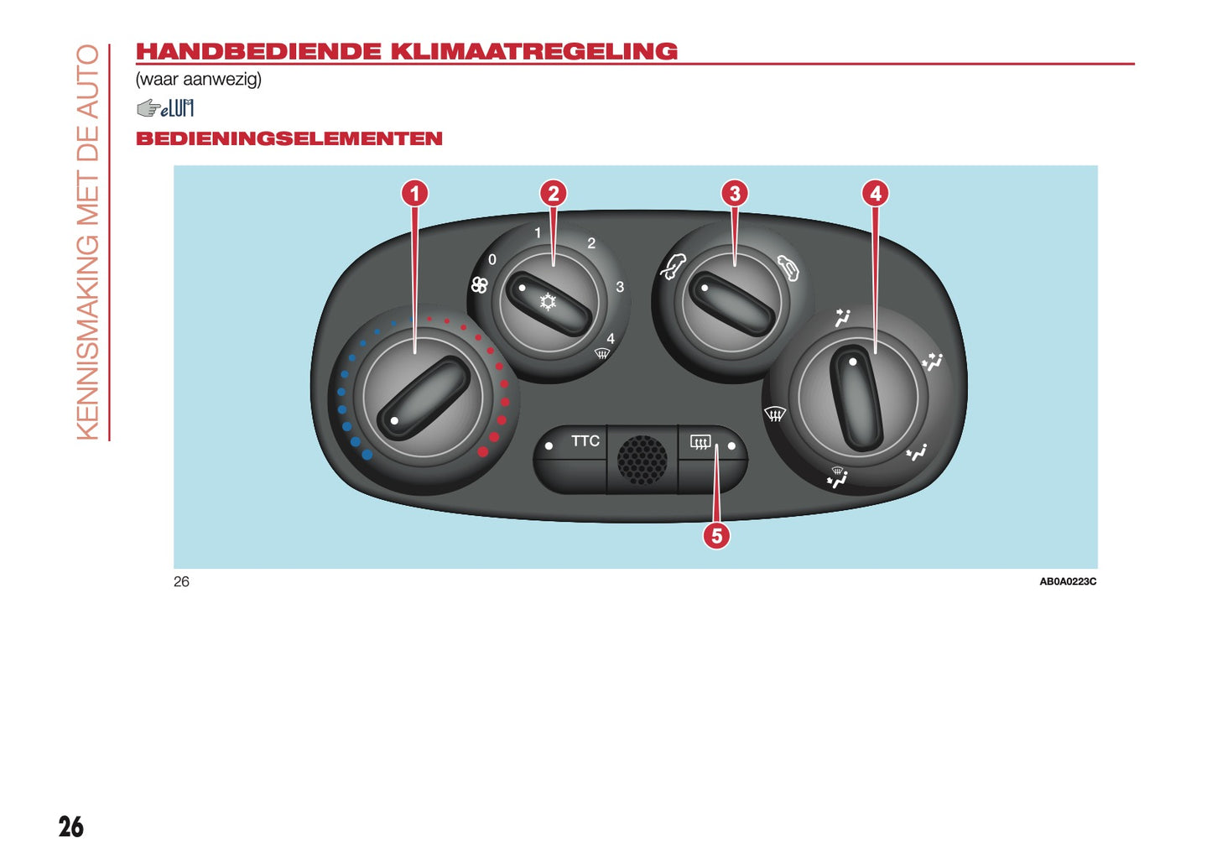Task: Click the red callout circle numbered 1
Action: tap(415, 193)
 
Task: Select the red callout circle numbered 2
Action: tap(553, 193)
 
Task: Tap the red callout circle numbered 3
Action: tap(734, 193)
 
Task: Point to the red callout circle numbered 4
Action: tap(876, 193)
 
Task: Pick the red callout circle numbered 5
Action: tap(716, 536)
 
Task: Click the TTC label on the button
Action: tap(585, 441)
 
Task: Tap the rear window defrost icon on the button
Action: tap(700, 442)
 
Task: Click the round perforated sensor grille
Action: tap(642, 460)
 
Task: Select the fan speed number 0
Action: tap(492, 260)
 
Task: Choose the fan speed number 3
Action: tap(620, 287)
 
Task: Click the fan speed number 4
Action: tap(611, 339)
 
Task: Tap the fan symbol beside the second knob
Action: tap(480, 285)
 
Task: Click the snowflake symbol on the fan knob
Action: tap(548, 302)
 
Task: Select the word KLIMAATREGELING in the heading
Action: tap(533, 52)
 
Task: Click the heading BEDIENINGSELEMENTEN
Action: tap(289, 138)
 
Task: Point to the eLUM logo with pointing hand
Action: tap(164, 108)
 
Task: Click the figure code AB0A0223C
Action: tap(1068, 582)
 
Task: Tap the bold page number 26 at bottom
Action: tap(71, 827)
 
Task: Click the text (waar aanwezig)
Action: tap(199, 80)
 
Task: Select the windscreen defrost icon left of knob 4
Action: tap(775, 414)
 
